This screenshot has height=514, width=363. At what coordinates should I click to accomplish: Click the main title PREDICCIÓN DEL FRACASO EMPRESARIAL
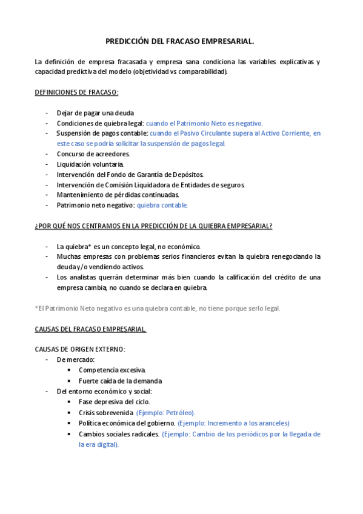180,42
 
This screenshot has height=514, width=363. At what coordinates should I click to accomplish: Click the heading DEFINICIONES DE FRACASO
76,92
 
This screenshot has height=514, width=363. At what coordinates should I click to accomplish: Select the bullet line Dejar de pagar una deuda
95,113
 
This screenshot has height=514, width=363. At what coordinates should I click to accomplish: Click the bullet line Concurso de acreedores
93,154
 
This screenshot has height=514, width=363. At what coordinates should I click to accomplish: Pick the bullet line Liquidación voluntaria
90,164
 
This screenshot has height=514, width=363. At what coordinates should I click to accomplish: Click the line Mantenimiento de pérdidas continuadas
118,195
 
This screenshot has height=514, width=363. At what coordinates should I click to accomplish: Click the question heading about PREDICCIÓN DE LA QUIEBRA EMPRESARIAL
153,226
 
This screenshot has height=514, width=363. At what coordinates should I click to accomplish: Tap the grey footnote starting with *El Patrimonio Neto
158,308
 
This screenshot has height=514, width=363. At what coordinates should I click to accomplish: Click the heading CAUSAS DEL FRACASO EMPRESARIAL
90,329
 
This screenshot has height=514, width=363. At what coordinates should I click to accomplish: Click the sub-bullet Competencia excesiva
112,370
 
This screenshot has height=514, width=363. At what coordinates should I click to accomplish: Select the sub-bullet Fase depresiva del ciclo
115,401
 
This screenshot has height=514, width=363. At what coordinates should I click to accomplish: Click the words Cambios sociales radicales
119,434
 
